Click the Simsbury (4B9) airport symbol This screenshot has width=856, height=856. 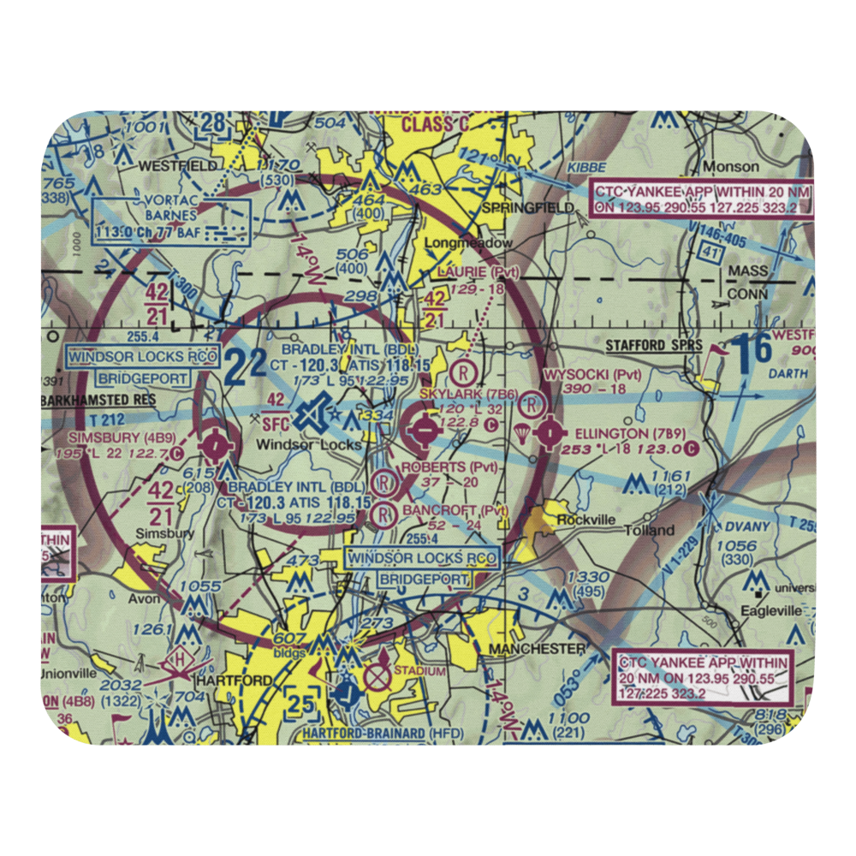[213, 444]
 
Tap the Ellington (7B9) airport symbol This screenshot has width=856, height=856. [549, 434]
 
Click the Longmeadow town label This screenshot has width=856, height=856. [469, 243]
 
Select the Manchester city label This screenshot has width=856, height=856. [537, 650]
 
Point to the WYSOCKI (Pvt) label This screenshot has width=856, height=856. [591, 374]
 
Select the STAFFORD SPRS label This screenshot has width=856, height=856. [653, 346]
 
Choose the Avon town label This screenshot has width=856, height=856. [143, 598]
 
